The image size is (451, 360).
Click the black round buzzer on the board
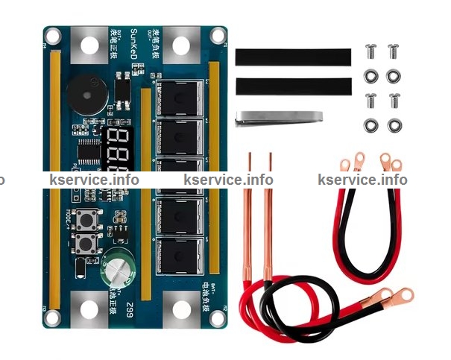pyautogui.click(x=80, y=92)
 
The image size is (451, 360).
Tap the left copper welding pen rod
pyautogui.click(x=250, y=216)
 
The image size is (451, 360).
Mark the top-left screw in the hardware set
pyautogui.click(x=370, y=51)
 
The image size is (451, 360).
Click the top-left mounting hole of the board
pyautogui.click(x=54, y=34)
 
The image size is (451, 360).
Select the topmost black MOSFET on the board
pyautogui.click(x=179, y=98)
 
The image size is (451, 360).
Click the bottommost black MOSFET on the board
pyautogui.click(x=179, y=253)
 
